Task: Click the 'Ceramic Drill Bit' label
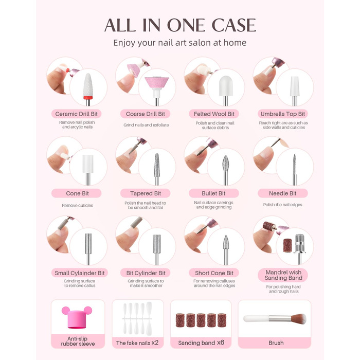77,114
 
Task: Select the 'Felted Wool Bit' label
214,114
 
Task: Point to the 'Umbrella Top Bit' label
283,114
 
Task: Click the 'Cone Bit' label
77,193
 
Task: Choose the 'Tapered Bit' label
146,193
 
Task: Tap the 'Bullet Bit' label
213,193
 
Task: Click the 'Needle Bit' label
283,193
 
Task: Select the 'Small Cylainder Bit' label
79,273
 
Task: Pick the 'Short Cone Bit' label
214,273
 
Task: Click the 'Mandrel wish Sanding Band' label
283,275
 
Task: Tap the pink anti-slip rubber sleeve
77,317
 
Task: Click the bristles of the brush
298,319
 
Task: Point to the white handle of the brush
256,318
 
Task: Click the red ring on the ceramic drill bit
88,98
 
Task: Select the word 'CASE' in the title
233,25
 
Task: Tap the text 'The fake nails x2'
137,343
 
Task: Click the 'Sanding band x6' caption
201,343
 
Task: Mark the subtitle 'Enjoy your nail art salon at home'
180,43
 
